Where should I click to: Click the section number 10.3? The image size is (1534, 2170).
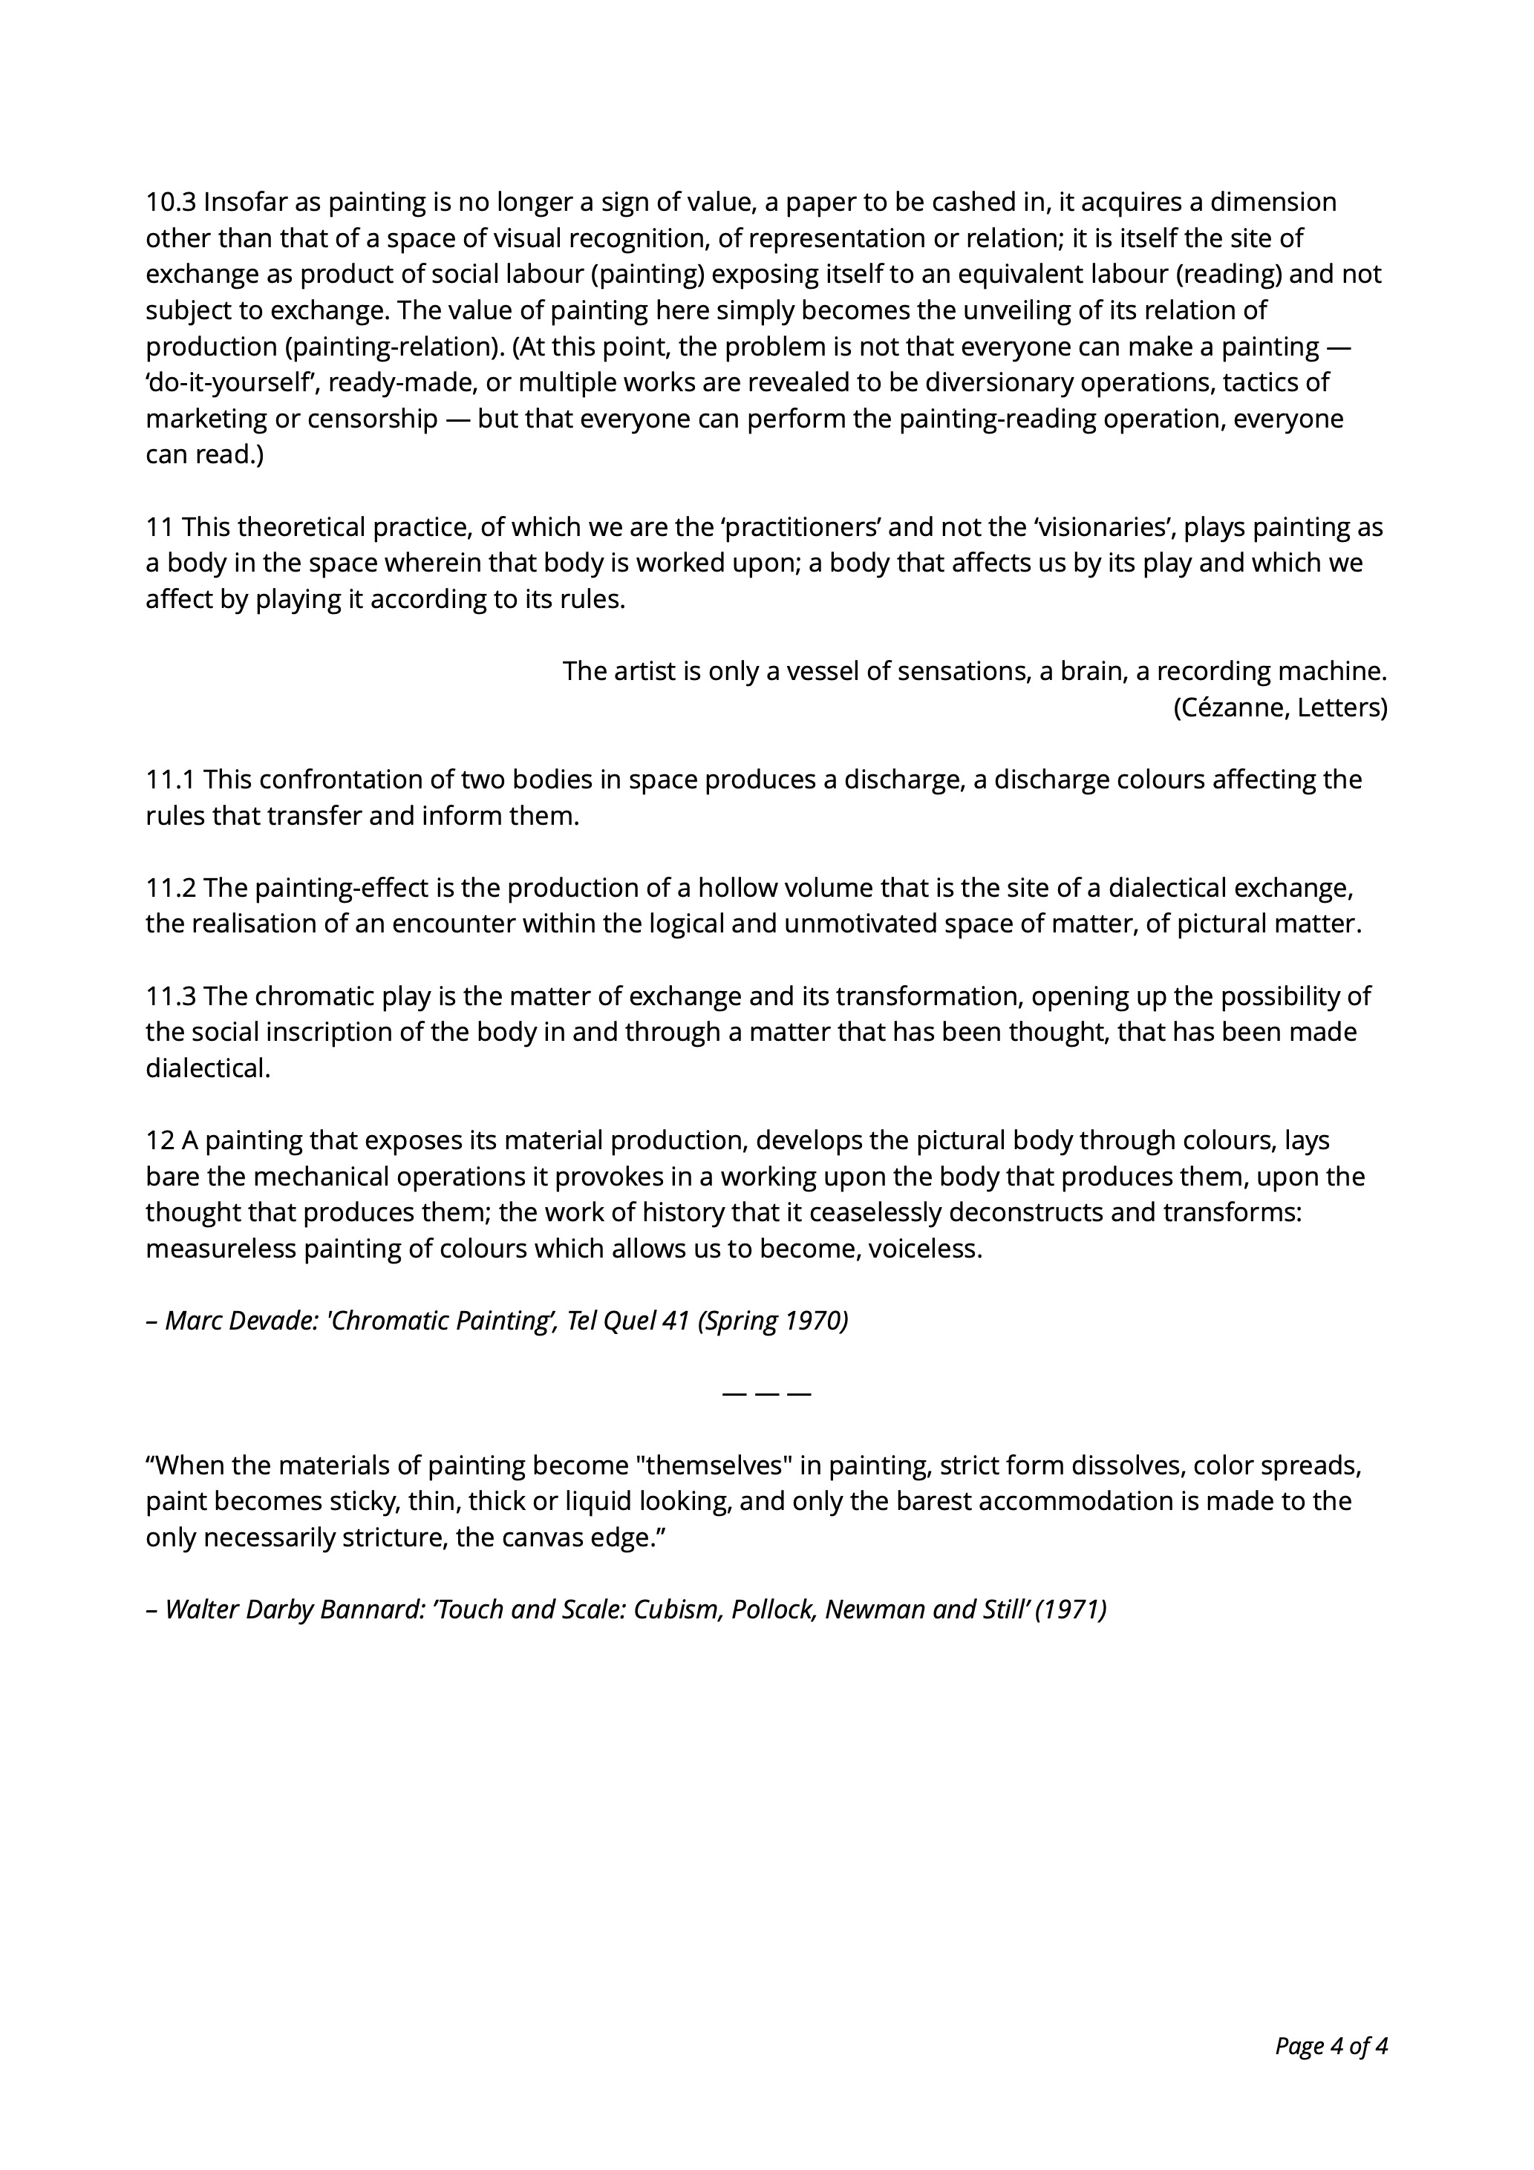click(x=171, y=202)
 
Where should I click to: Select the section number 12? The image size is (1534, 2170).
click(x=160, y=1141)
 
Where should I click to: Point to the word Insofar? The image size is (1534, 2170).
click(x=239, y=202)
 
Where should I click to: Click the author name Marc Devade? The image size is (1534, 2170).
click(x=240, y=1321)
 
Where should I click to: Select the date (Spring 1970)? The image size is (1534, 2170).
click(x=773, y=1321)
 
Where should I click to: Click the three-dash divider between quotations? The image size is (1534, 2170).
click(x=766, y=1394)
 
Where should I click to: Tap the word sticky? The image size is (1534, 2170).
click(x=365, y=1502)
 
